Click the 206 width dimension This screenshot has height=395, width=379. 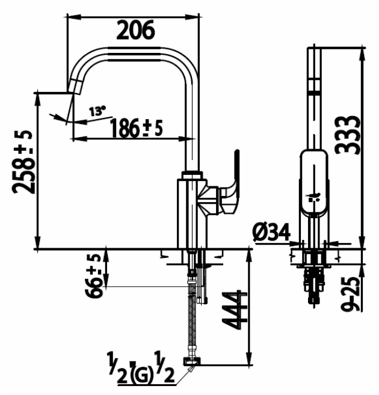pyautogui.click(x=135, y=30)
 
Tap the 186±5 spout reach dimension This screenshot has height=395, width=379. pyautogui.click(x=137, y=127)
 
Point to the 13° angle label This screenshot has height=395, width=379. pyautogui.click(x=97, y=111)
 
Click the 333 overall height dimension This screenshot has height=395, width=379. pyautogui.click(x=347, y=135)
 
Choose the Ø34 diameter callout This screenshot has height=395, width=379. pyautogui.click(x=271, y=232)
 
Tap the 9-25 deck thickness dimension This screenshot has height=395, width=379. pyautogui.click(x=350, y=294)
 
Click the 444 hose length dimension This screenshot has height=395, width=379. pyautogui.click(x=234, y=310)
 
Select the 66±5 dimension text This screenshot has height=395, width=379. pyautogui.click(x=93, y=276)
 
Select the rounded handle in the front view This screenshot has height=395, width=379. pyautogui.click(x=314, y=183)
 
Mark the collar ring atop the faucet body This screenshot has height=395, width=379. pyautogui.click(x=192, y=175)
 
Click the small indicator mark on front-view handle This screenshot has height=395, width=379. pyautogui.click(x=313, y=197)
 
